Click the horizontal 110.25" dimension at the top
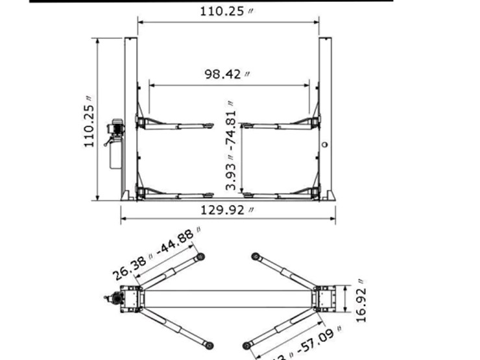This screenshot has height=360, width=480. [x=227, y=12]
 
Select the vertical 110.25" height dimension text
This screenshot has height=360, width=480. [x=90, y=123]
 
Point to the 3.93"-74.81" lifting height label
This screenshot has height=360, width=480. [x=231, y=146]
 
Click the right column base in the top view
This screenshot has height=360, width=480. [x=324, y=299]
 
